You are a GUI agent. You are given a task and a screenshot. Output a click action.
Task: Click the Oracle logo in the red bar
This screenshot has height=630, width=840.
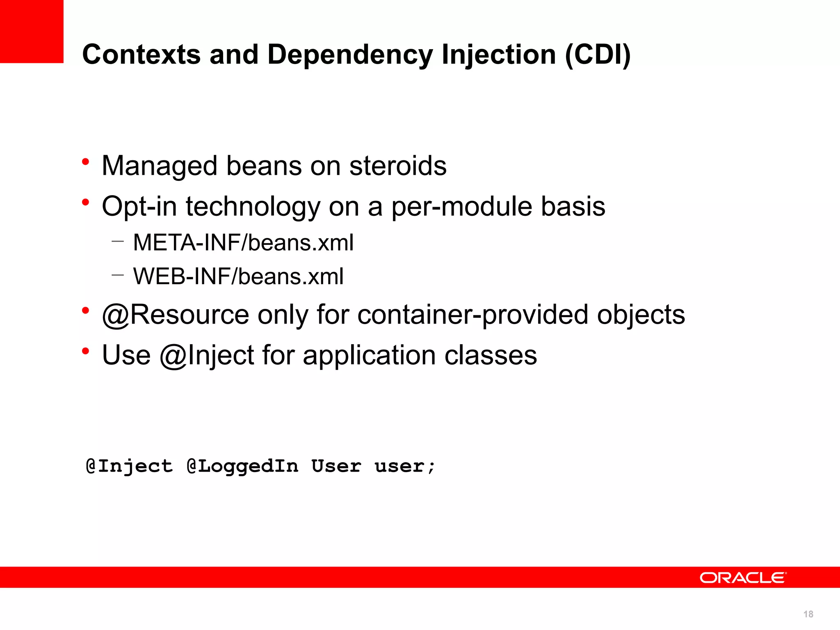(742, 577)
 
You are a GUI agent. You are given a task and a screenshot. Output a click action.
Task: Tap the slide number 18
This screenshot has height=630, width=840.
(808, 614)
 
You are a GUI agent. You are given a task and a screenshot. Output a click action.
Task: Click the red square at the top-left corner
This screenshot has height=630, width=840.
(32, 31)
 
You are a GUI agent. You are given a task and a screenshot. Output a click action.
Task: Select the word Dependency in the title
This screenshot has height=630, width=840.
(350, 55)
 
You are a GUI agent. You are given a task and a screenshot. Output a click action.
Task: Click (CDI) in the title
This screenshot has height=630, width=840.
(598, 55)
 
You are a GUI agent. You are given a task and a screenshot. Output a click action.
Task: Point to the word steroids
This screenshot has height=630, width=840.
(398, 166)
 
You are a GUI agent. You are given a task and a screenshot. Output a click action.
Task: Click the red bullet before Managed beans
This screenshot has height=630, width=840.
(85, 162)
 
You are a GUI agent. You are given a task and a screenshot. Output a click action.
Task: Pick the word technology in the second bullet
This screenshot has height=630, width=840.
(253, 207)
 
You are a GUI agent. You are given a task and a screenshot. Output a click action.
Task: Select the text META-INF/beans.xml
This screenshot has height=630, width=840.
(243, 242)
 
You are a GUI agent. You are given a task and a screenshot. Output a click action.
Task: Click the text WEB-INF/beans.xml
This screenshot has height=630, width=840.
(238, 276)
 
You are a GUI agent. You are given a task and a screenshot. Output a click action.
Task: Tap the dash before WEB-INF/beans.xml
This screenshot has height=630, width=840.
(117, 275)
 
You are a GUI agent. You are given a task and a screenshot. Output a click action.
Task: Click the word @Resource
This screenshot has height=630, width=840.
(176, 315)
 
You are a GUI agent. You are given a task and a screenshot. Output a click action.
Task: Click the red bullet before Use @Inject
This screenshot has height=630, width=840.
(85, 352)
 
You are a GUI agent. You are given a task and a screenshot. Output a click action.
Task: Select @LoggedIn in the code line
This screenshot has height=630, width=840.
(242, 466)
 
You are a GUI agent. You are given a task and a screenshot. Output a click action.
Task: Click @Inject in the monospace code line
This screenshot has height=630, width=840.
(129, 466)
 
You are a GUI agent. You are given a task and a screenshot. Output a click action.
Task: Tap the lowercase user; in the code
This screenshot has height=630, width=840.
(404, 466)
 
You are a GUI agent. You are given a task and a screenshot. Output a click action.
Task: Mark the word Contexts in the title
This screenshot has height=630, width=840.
(142, 55)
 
